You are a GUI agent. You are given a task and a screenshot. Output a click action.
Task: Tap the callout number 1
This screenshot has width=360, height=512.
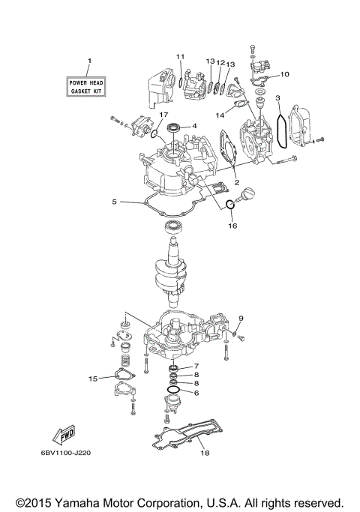pyautogui.click(x=89, y=60)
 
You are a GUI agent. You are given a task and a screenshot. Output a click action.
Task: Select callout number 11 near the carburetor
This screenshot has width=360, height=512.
pyautogui.click(x=181, y=56)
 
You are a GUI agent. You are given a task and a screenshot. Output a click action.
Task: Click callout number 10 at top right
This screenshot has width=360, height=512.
pyautogui.click(x=285, y=74)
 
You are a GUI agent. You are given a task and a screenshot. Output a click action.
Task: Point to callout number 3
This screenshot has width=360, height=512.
pyautogui.click(x=277, y=98)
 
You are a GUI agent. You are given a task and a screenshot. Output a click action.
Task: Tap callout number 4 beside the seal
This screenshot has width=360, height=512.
pyautogui.click(x=194, y=126)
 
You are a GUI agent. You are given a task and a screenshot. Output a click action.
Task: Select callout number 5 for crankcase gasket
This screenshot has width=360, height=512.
pyautogui.click(x=115, y=202)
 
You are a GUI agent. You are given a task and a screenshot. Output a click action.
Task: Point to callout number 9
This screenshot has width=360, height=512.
pyautogui.click(x=240, y=319)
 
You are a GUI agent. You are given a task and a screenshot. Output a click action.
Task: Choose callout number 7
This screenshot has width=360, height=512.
pyautogui.click(x=196, y=365)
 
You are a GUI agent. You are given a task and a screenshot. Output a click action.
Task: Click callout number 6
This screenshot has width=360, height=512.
pyautogui.click(x=196, y=392)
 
